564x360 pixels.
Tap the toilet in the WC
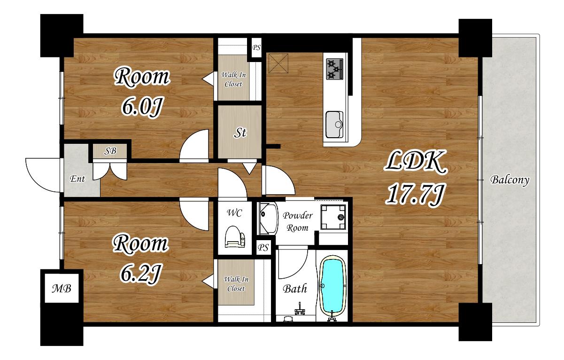[234, 236]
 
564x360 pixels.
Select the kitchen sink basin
[334, 125]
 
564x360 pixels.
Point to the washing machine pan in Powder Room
[333, 217]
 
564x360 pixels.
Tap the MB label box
[62, 288]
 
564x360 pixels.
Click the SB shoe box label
[110, 151]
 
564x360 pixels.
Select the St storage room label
[240, 133]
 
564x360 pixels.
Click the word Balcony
[510, 180]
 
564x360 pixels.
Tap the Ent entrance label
[77, 179]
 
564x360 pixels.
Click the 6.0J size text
[142, 107]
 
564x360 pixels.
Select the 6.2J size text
[140, 274]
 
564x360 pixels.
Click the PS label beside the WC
[263, 248]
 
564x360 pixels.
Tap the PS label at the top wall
[256, 47]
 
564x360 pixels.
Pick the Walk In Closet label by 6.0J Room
[233, 79]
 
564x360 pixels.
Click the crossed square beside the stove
[278, 63]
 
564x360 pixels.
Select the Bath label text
[295, 289]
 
